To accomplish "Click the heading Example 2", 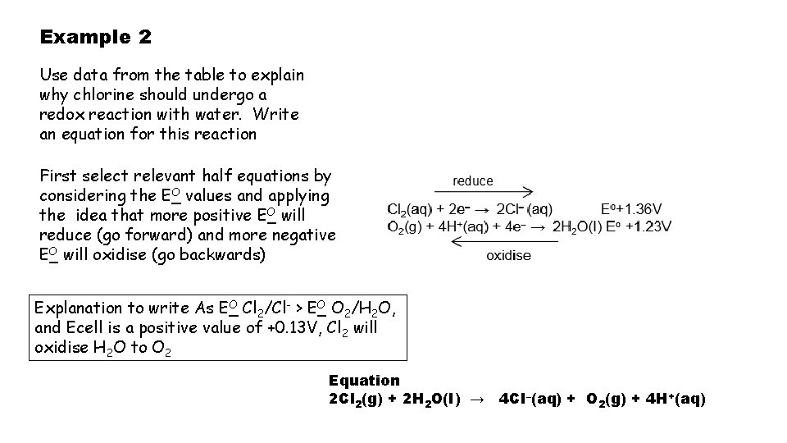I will [95, 38].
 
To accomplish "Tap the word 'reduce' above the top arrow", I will [473, 180].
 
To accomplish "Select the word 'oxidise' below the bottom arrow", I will [508, 255].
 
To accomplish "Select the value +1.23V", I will [645, 226].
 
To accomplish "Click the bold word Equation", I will [364, 381].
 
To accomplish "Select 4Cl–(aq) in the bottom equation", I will [533, 399].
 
